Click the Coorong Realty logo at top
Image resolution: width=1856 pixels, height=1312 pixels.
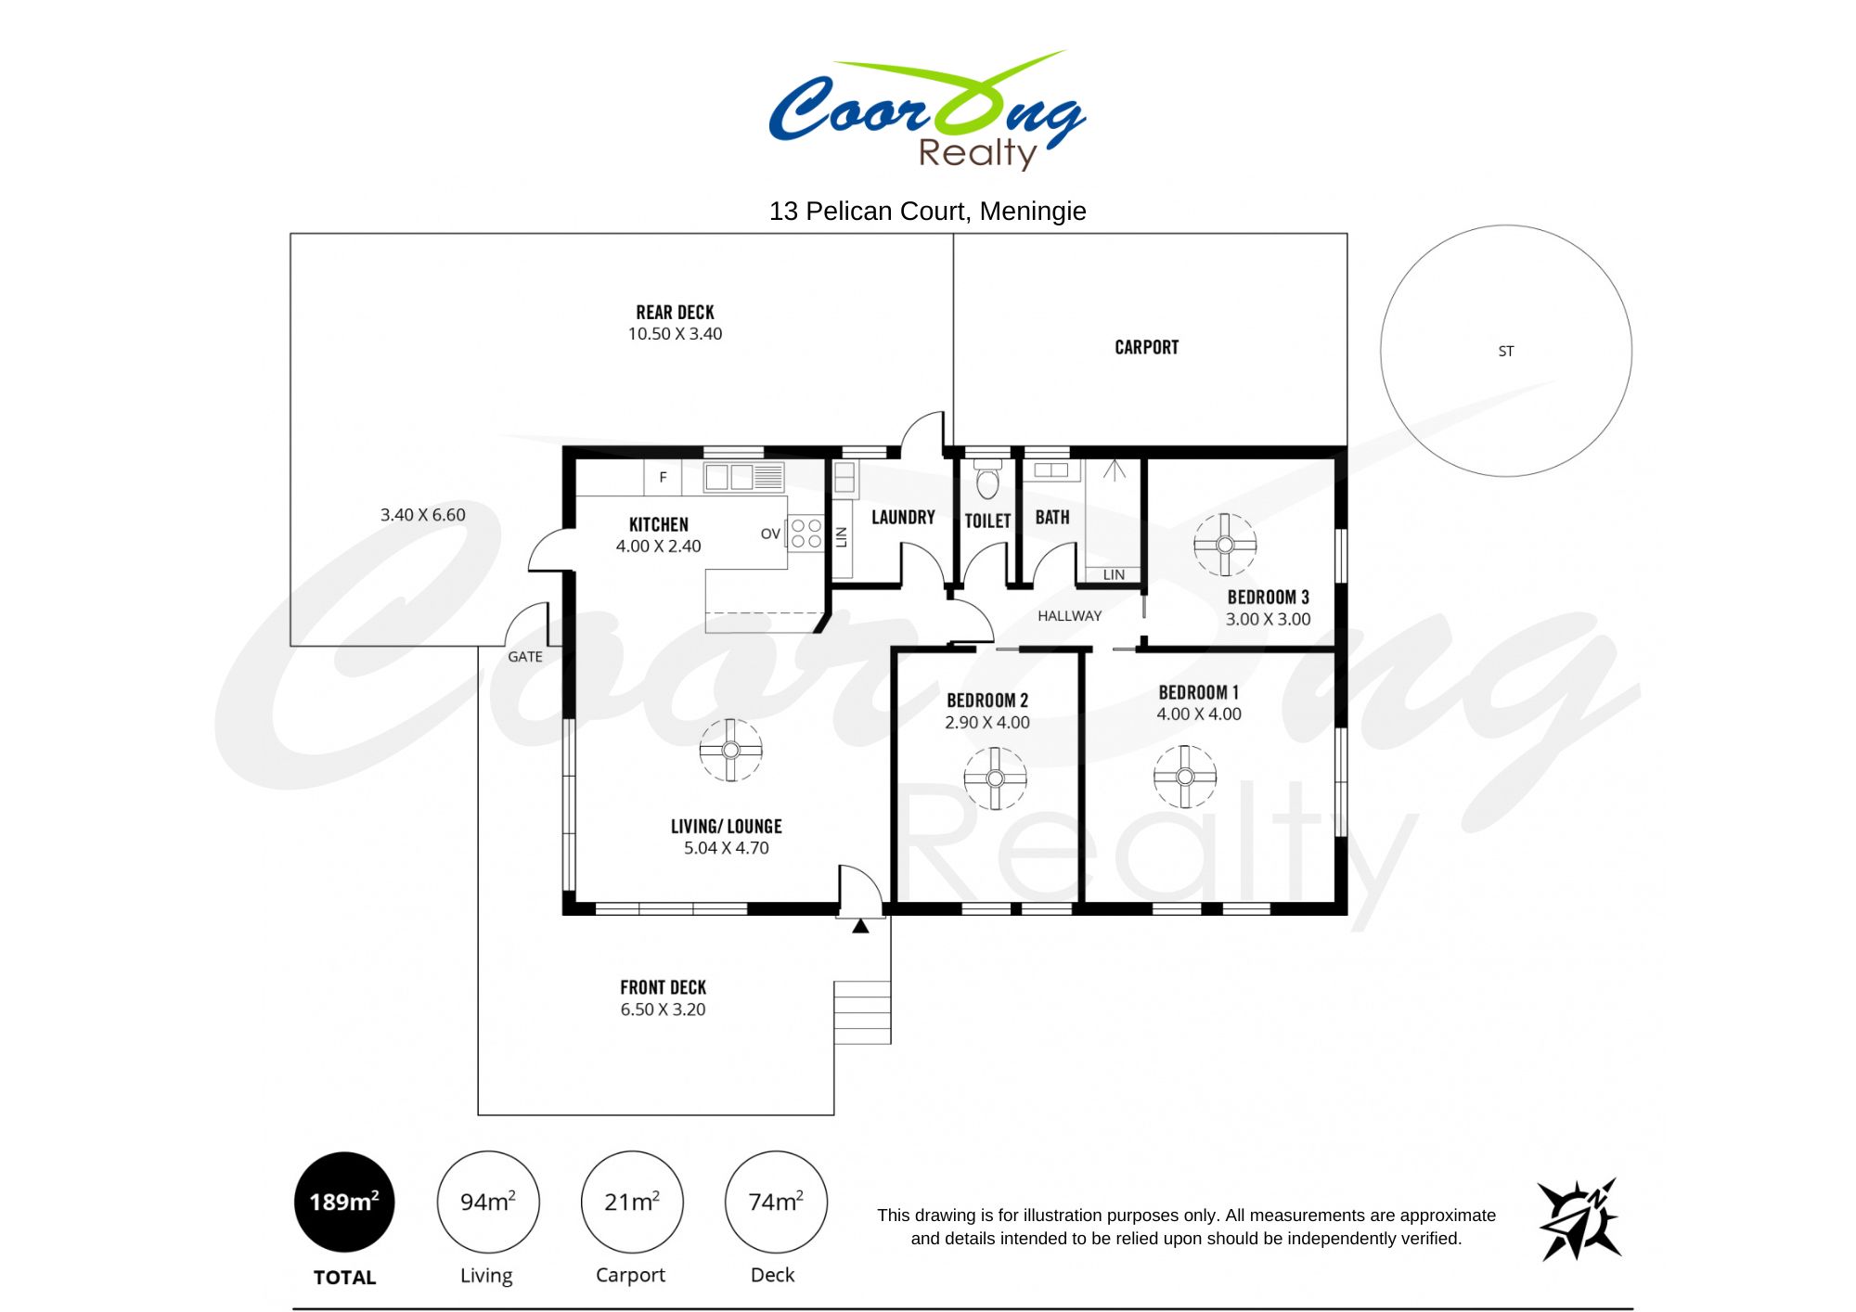coord(927,111)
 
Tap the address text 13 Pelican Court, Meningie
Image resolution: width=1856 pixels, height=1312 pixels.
coord(927,212)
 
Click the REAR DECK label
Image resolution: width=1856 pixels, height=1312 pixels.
coord(675,313)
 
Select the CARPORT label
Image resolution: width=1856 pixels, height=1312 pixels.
coord(1146,347)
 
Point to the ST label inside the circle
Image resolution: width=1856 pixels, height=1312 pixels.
coord(1505,352)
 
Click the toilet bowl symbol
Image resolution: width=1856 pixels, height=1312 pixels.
coord(987,479)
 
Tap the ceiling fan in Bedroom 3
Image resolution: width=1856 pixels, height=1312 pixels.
coord(1225,545)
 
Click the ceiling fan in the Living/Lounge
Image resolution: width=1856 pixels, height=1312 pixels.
coord(730,750)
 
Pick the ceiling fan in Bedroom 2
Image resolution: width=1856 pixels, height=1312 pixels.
coord(995,778)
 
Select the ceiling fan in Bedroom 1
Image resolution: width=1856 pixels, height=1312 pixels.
coord(1185,777)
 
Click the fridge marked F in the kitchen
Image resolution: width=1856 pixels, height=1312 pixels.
coord(663,477)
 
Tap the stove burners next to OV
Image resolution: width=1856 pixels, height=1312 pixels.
coord(806,534)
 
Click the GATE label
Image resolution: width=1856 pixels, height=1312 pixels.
coord(525,657)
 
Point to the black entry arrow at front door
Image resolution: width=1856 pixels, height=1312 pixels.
coord(860,925)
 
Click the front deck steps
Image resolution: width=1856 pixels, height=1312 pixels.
coord(862,1012)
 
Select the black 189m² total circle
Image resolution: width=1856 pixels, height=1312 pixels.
coord(344,1203)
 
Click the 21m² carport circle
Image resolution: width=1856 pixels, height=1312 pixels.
coord(632,1203)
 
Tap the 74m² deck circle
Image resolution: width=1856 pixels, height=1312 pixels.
coord(776,1203)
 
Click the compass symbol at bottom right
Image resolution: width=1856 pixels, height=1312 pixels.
coord(1579,1219)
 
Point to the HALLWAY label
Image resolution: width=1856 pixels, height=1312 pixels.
coord(1069,616)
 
